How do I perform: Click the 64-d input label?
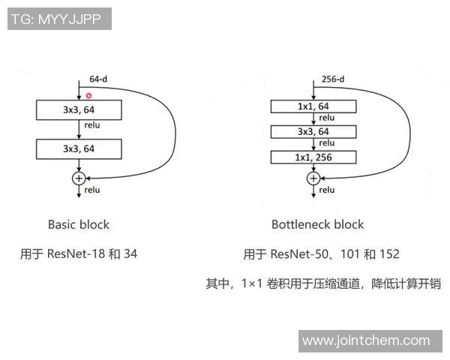pyautogui.click(x=98, y=79)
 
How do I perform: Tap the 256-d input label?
pyautogui.click(x=333, y=79)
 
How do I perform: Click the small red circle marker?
pyautogui.click(x=88, y=95)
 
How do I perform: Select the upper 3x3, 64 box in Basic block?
pyautogui.click(x=79, y=110)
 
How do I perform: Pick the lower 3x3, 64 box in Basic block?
pyautogui.click(x=79, y=149)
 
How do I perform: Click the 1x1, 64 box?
pyautogui.click(x=313, y=106)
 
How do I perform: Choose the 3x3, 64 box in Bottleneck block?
pyautogui.click(x=313, y=132)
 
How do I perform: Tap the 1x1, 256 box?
pyautogui.click(x=313, y=157)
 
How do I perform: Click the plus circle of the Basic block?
pyautogui.click(x=79, y=178)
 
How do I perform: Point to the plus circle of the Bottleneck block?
pyautogui.click(x=313, y=178)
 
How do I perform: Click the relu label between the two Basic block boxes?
pyautogui.click(x=92, y=125)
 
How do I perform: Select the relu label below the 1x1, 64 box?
pyautogui.click(x=327, y=118)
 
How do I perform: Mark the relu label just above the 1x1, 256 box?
pyautogui.click(x=327, y=143)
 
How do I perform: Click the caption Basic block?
pyautogui.click(x=79, y=224)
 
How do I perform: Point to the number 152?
pyautogui.click(x=389, y=254)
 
